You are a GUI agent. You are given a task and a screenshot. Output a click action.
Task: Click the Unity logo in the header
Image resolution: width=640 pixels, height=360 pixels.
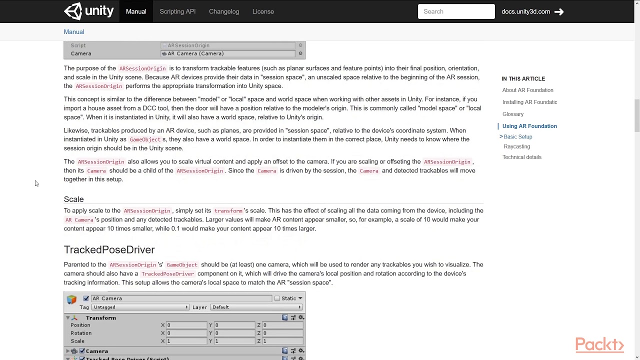(89, 11)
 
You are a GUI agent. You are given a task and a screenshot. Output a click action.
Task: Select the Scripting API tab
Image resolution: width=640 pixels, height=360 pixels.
(177, 11)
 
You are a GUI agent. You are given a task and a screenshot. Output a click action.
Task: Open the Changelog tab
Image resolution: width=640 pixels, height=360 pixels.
(224, 11)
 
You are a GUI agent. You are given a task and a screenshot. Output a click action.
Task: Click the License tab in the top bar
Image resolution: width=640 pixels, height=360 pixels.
(263, 11)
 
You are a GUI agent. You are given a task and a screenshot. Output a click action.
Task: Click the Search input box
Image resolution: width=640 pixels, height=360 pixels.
(456, 11)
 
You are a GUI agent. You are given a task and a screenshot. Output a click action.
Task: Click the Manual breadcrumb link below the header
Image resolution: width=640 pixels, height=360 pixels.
(74, 32)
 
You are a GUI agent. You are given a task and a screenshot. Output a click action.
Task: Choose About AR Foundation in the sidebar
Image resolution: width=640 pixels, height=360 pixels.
(527, 90)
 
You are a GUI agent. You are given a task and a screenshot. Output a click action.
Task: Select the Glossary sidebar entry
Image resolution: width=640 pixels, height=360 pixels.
(513, 114)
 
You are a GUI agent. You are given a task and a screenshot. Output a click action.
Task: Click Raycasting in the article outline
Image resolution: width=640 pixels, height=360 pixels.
(516, 146)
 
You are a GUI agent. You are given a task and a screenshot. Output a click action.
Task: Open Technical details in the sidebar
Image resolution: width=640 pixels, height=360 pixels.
(521, 157)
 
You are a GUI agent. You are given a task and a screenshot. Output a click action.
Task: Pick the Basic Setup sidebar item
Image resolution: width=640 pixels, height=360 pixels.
(518, 136)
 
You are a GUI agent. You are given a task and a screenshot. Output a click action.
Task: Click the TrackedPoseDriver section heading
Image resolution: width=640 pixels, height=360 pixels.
(109, 249)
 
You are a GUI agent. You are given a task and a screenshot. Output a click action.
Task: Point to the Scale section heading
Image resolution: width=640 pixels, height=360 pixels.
(73, 199)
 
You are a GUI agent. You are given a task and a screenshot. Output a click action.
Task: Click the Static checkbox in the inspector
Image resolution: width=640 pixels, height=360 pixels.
(277, 298)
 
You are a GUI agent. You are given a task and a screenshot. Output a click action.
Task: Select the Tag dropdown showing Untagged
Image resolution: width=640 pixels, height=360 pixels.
(140, 307)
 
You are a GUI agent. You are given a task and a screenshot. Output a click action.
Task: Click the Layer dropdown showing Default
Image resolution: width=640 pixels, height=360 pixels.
(256, 307)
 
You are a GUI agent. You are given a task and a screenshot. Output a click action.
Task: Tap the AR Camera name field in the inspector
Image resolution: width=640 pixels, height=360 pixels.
(181, 298)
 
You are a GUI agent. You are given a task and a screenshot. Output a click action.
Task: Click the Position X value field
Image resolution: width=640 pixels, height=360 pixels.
(186, 325)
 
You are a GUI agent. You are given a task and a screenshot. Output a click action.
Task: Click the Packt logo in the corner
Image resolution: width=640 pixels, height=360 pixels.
(599, 345)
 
